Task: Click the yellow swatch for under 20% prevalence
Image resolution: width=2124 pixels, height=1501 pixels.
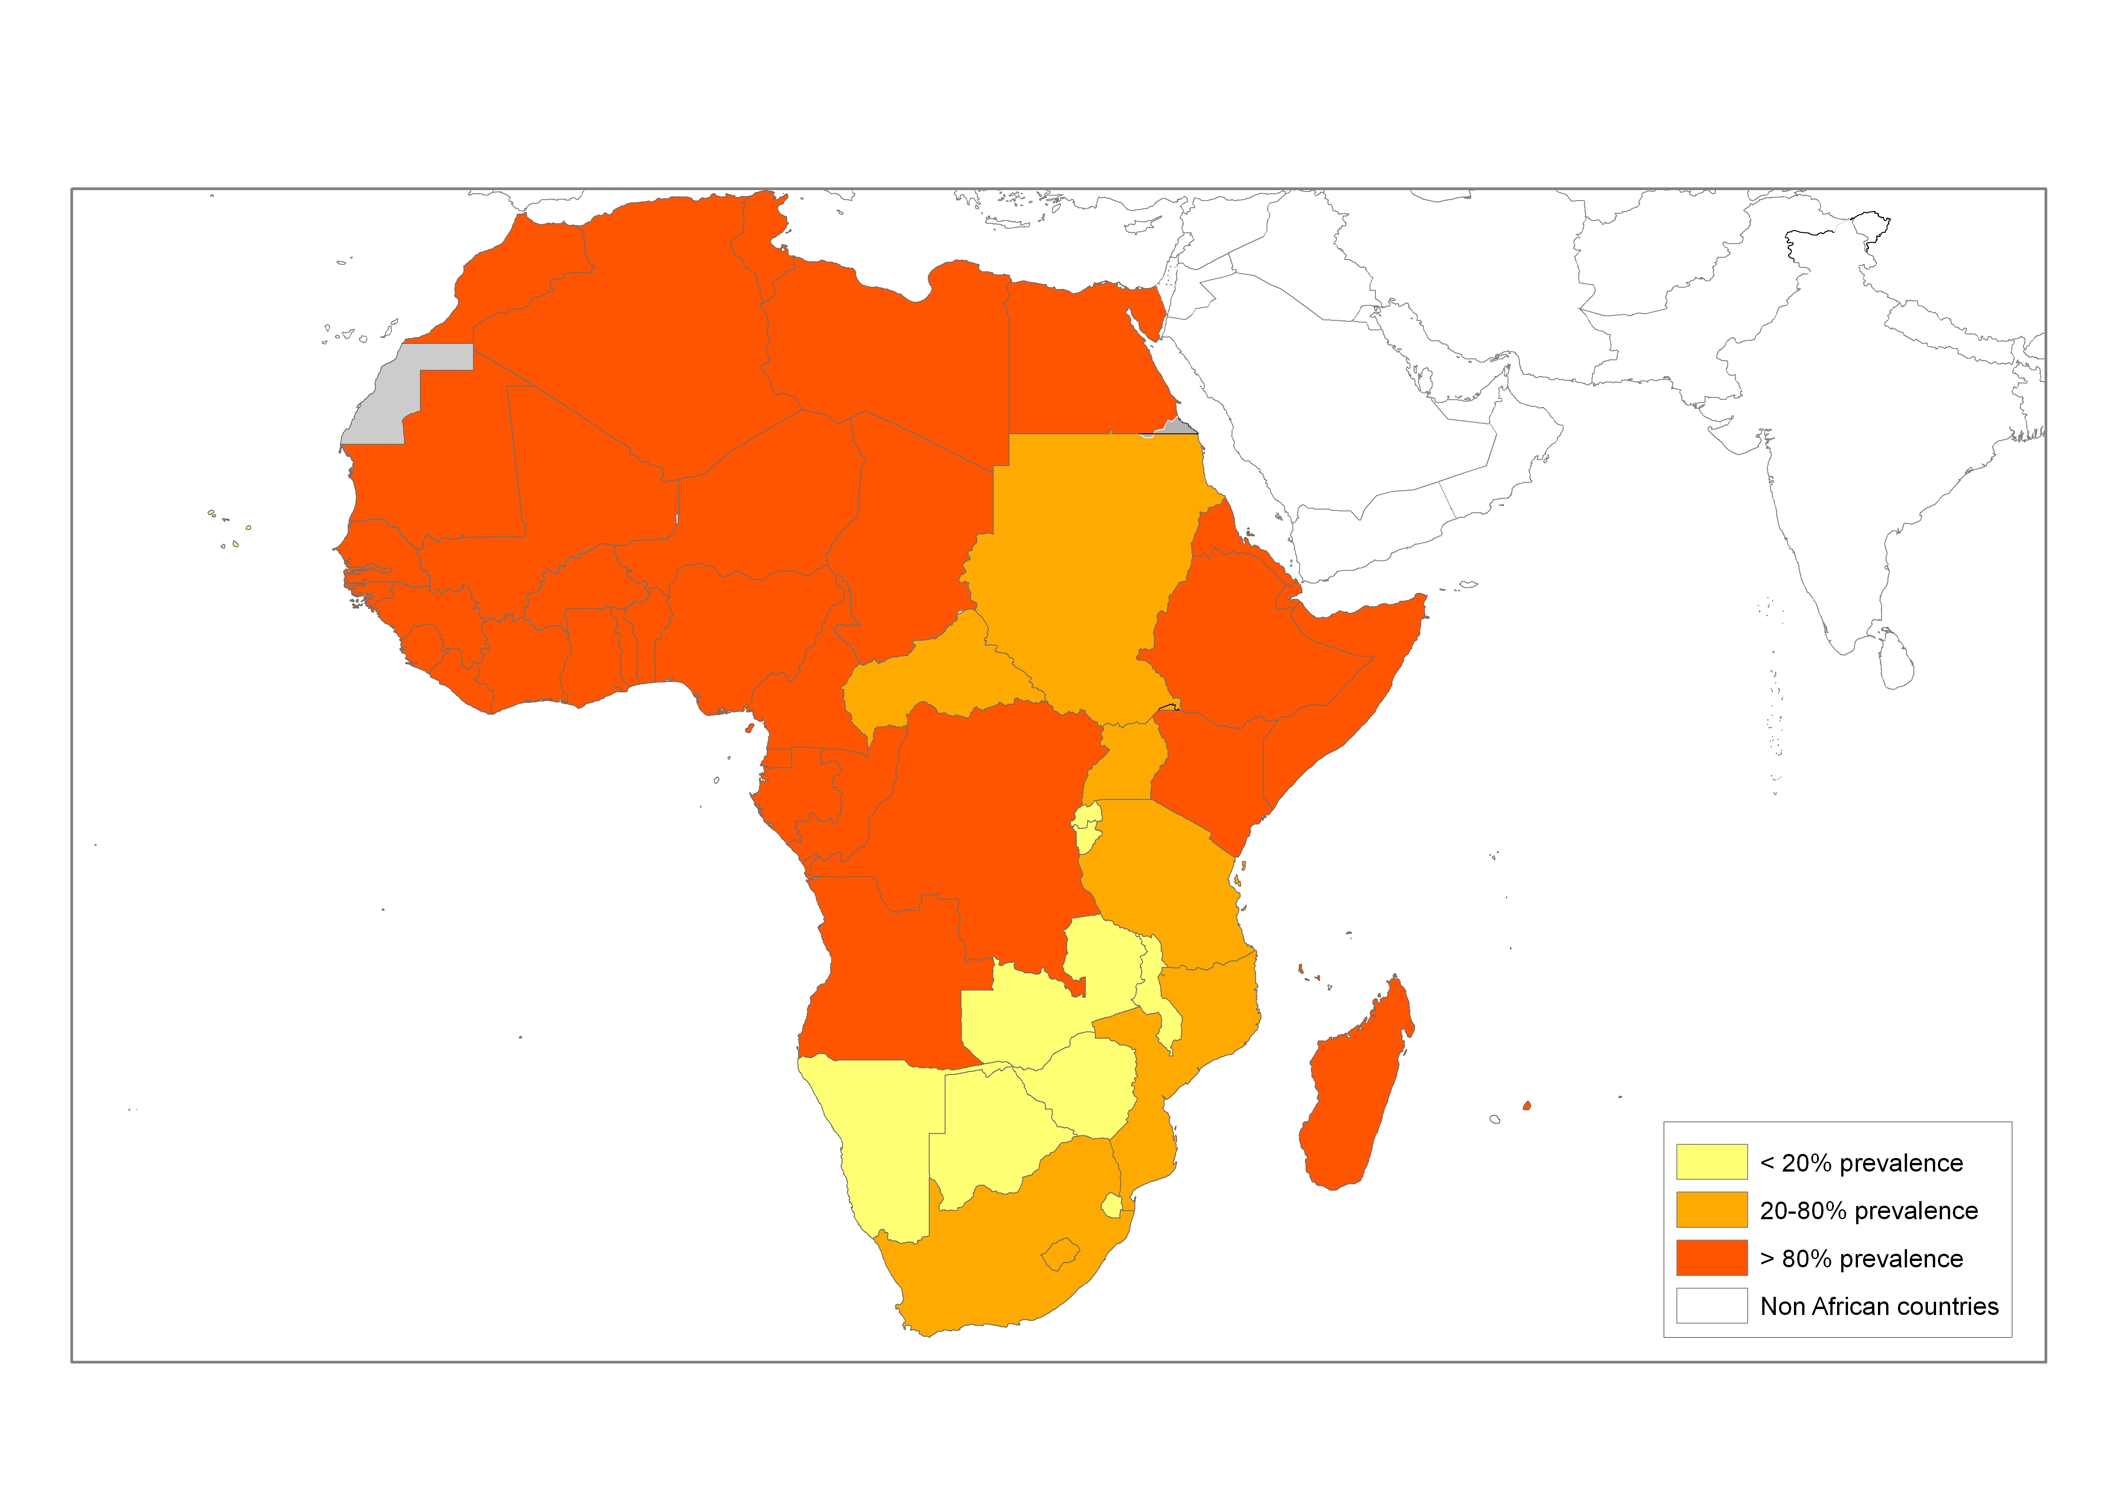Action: coord(1711,1162)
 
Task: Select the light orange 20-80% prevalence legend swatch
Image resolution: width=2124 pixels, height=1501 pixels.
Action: coord(1711,1210)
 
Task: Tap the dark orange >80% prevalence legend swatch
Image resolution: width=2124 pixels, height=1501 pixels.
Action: coord(1711,1258)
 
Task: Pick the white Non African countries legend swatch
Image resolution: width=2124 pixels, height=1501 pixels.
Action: coord(1711,1306)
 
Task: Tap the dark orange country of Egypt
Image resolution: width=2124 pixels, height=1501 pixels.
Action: coord(1082,361)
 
